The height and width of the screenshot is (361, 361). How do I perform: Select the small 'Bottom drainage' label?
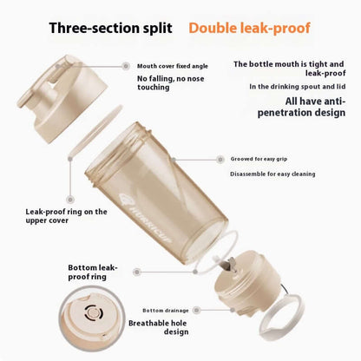164,310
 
